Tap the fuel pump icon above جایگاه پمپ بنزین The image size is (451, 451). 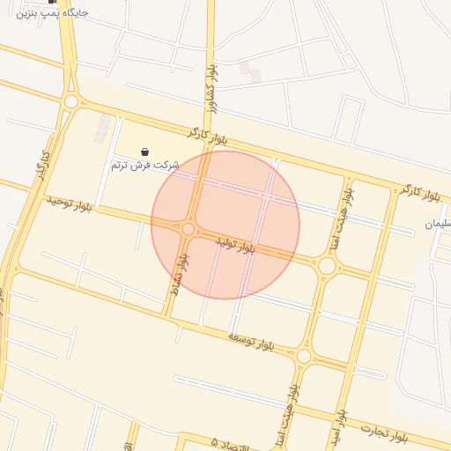[x=52, y=2]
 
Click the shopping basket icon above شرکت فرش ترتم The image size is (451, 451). [x=145, y=152]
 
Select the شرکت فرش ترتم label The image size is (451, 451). [x=145, y=165]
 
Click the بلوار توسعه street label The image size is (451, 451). [x=252, y=342]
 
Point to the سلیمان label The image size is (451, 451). [x=442, y=224]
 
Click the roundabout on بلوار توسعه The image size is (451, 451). [x=304, y=356]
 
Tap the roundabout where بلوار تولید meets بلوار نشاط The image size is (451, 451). [x=188, y=229]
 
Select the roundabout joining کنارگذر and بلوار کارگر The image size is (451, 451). [x=70, y=102]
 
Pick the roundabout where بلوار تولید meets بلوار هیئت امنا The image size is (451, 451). [x=327, y=265]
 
